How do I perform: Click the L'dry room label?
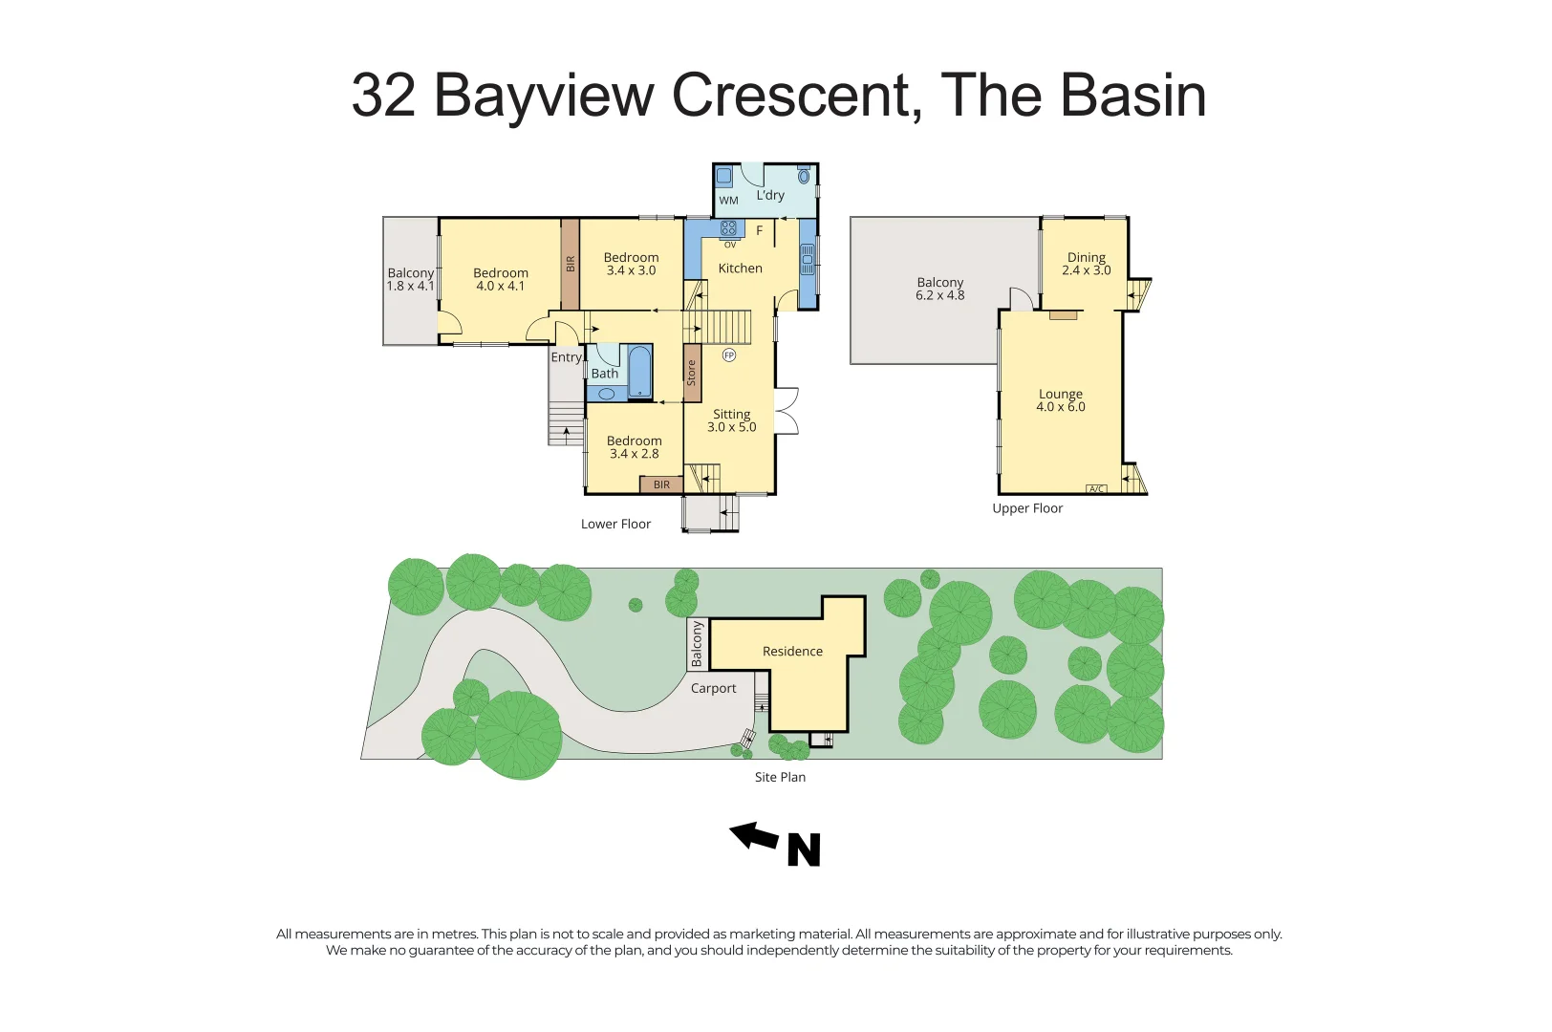coord(769,195)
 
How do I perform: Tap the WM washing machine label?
coord(728,201)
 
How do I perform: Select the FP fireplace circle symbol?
coord(729,355)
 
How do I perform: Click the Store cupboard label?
coord(692,373)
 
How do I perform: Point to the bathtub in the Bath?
coord(639,373)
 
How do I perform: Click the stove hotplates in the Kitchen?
coord(728,228)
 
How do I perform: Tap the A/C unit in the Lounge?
coord(1096,489)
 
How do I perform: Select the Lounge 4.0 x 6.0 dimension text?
coord(1060,407)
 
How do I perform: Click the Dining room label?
coord(1086,257)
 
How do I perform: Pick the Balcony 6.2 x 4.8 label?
coord(939,289)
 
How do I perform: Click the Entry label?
coord(566,357)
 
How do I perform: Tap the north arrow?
coord(755,837)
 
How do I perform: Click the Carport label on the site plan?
coord(713,688)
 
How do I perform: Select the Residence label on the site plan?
coord(792,652)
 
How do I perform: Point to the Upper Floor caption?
coord(1027,508)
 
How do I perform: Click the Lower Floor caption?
coord(615,524)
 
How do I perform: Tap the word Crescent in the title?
coord(797,96)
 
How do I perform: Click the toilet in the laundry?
coord(804,176)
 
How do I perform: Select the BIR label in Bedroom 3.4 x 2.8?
coord(661,484)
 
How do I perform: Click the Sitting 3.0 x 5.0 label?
coord(731,420)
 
